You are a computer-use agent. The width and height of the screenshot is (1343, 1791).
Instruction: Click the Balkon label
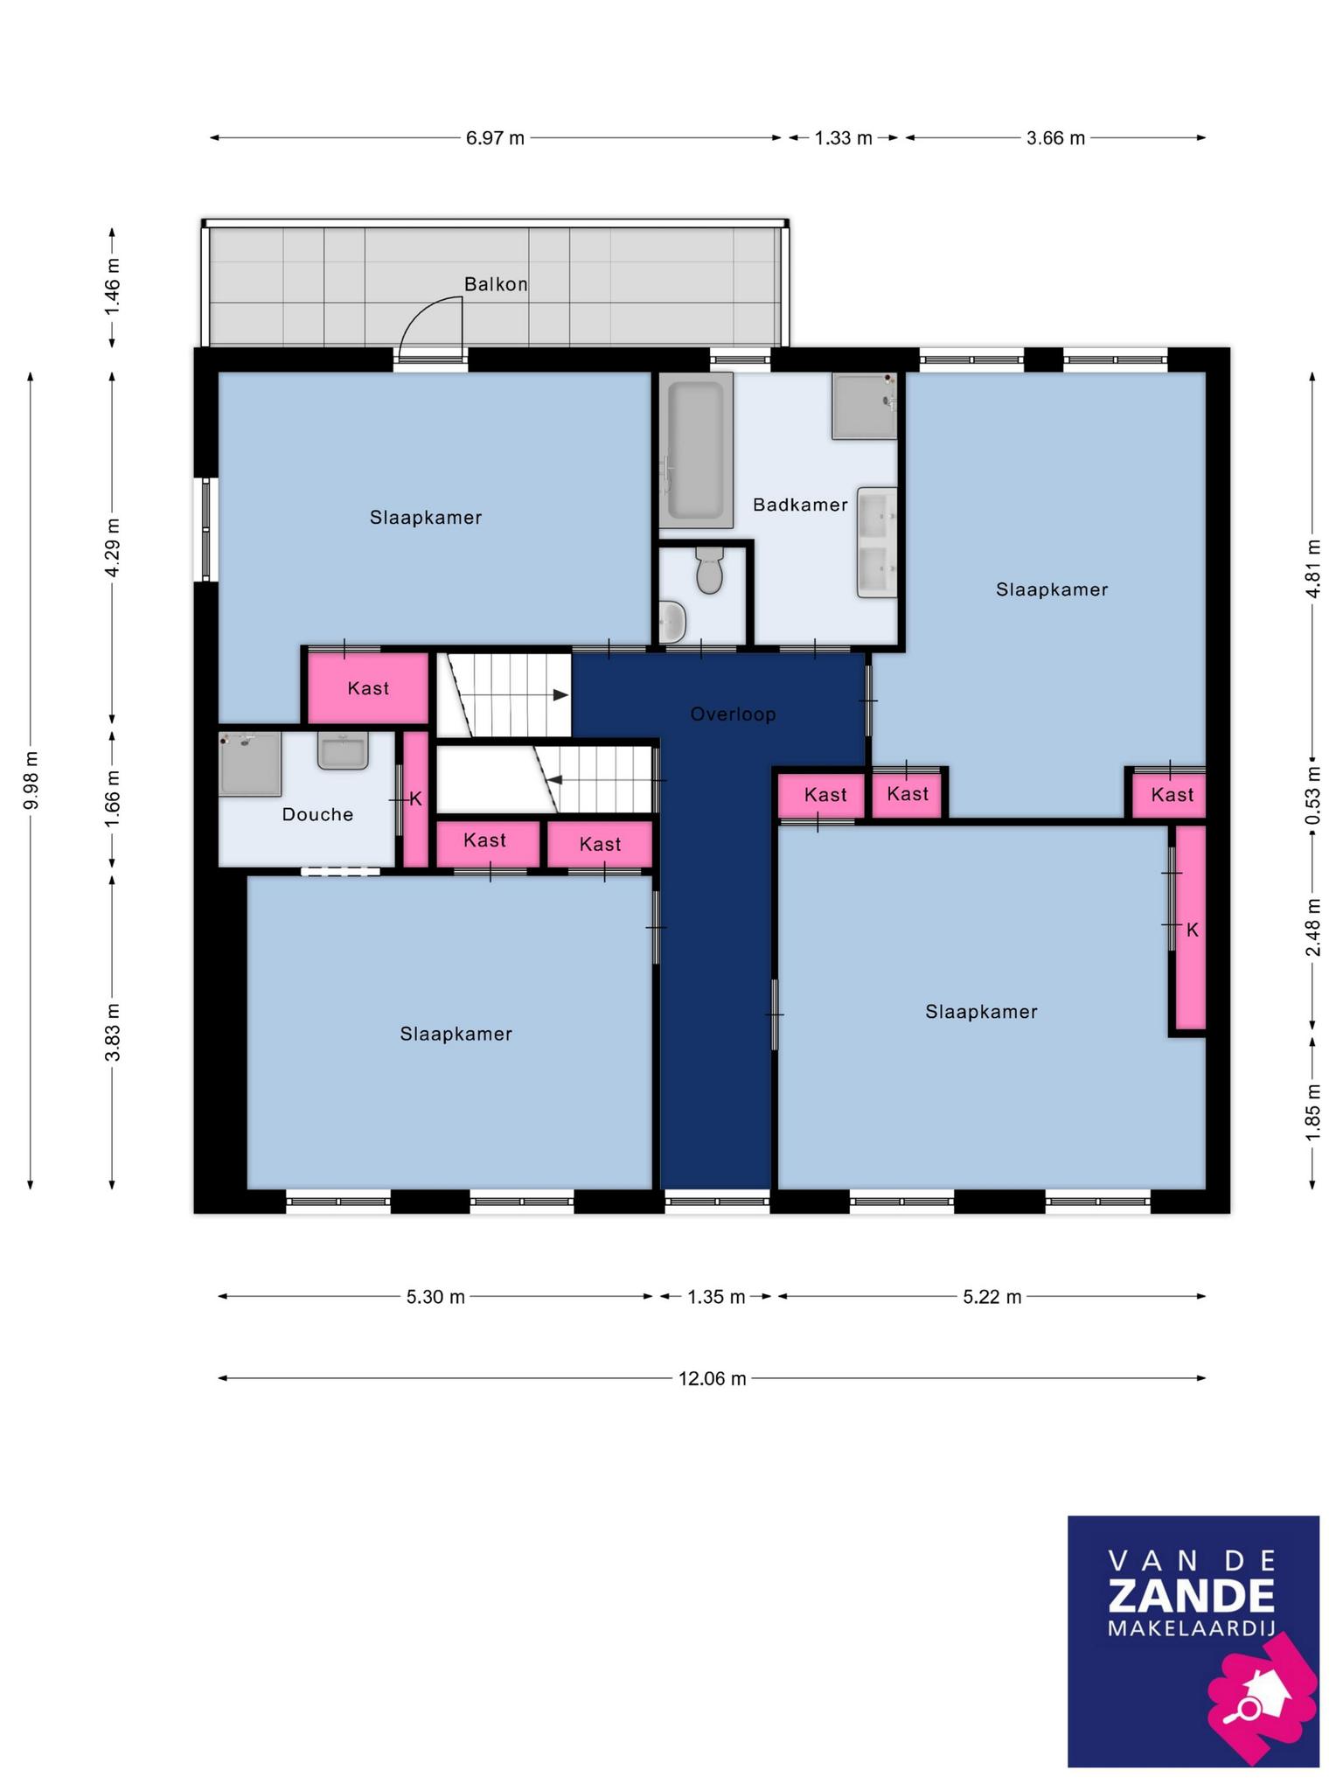496,284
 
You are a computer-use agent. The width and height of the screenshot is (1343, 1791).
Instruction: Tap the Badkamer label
800,505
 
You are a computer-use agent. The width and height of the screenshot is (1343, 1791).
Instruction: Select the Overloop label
733,714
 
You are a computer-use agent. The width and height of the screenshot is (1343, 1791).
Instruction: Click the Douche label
317,815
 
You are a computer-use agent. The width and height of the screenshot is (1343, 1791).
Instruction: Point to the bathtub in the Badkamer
696,450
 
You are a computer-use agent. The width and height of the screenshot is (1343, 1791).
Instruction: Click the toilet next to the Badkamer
709,570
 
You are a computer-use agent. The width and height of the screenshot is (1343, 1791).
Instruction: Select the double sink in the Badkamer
877,542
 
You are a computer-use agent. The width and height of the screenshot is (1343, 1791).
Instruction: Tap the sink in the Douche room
343,751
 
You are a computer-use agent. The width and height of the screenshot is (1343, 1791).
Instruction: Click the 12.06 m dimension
713,1379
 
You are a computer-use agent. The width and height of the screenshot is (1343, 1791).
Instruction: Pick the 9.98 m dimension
31,780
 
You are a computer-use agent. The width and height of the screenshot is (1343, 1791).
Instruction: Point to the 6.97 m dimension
495,138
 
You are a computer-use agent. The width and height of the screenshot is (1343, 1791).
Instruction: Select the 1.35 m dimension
716,1297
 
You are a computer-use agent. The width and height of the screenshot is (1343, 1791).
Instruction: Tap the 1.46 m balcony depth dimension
112,288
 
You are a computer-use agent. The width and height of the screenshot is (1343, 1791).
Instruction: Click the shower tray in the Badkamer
865,406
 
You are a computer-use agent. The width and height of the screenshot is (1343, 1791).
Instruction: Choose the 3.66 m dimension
1055,138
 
